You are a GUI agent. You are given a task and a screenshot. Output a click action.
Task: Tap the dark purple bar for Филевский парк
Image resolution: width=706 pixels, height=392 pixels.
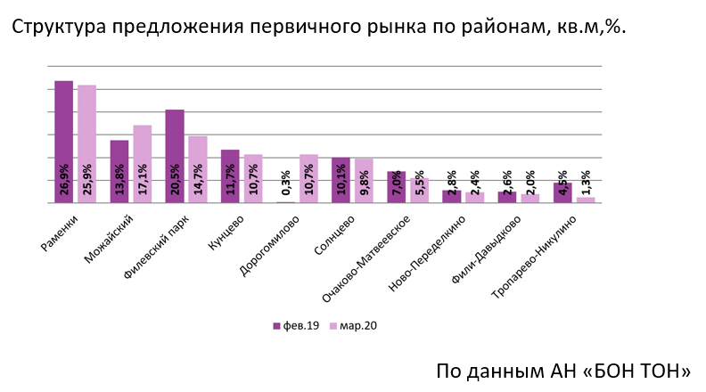(175, 151)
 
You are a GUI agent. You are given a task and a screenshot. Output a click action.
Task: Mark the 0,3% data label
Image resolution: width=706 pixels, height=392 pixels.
(285, 183)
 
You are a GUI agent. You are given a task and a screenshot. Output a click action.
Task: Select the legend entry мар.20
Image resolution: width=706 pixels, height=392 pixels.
(354, 325)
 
